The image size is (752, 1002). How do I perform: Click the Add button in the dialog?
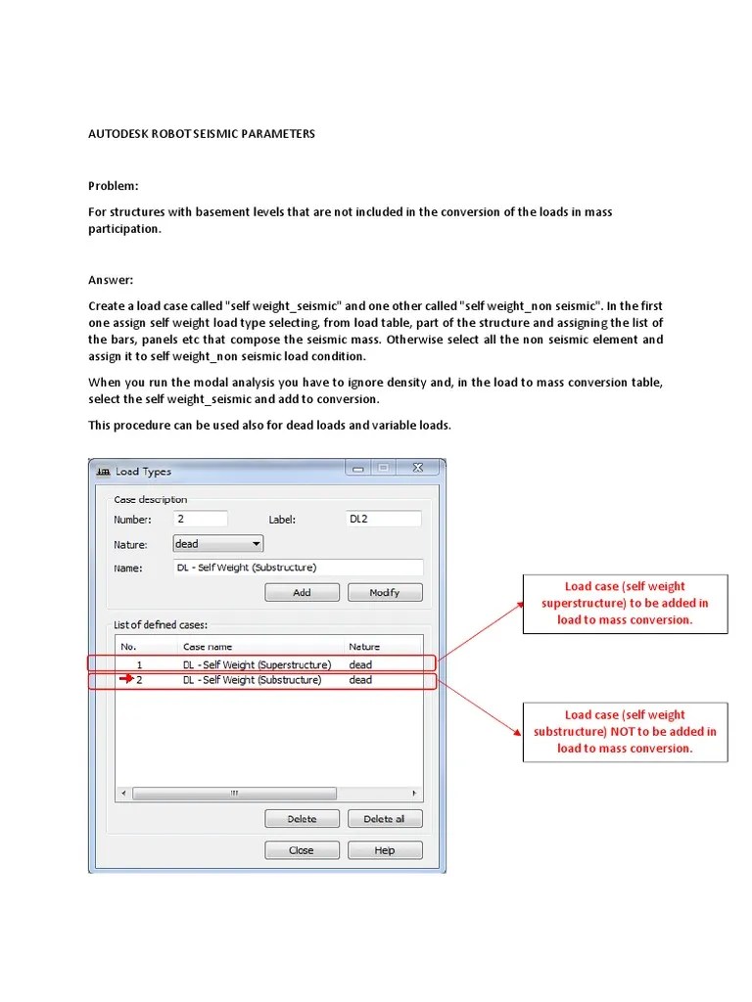302,592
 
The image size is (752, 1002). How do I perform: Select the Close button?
302,850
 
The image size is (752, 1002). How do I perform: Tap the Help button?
385,850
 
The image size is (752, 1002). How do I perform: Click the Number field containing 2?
200,520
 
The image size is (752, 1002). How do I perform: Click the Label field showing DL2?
383,520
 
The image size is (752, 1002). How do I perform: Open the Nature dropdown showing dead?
217,544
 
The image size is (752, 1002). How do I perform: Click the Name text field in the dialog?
298,568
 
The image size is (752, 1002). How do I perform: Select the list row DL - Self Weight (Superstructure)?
257,664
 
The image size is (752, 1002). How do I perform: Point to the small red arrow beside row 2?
126,680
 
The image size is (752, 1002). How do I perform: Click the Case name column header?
207,647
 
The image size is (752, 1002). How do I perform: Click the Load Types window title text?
143,472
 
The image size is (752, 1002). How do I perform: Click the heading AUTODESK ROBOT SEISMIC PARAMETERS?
202,134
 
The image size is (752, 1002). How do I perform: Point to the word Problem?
114,186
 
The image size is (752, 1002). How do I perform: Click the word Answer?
111,280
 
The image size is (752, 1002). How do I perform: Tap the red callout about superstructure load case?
625,603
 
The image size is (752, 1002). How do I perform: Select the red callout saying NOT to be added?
625,731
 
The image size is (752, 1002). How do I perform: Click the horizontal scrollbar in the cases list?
269,794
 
